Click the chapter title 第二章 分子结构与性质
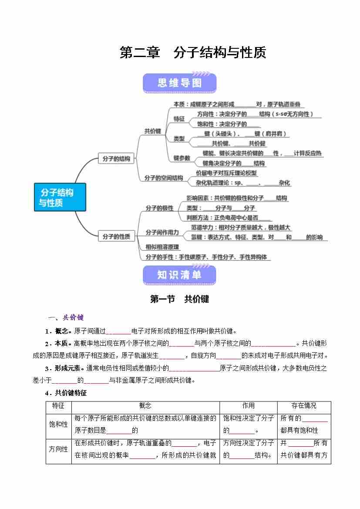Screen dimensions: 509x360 coord(192,53)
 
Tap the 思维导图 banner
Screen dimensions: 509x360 coord(179,83)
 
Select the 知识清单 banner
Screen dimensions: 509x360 coord(179,275)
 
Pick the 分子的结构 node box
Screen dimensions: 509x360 coord(116,159)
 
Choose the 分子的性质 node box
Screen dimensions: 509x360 coord(116,236)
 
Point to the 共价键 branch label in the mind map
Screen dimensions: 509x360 coord(153,131)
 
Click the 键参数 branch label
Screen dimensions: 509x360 coord(182,158)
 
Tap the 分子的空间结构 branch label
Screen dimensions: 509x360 coord(164,178)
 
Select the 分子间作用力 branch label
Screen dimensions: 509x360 coord(162,233)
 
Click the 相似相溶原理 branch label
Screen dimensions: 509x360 coord(162,247)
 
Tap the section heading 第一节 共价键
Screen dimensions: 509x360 coord(179,299)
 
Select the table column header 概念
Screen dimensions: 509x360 coord(145,406)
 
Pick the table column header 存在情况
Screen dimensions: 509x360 coord(304,406)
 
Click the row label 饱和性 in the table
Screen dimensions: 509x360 coord(58,424)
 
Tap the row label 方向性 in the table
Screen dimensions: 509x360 coord(58,449)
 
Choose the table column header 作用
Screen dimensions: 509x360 coord(249,406)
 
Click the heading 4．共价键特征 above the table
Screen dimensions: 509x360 coord(66,393)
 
